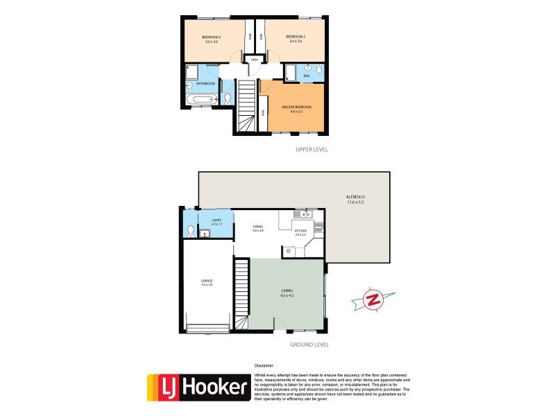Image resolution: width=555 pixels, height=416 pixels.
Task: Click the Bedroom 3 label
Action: [x=212, y=39]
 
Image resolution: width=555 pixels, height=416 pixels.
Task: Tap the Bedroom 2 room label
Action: [x=295, y=39]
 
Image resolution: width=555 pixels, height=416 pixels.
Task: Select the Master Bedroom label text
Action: [x=296, y=109]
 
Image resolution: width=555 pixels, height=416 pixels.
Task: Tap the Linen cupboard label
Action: [x=255, y=60]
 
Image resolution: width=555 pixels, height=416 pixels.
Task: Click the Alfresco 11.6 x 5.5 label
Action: [x=356, y=200]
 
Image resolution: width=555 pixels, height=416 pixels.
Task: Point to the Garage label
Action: [x=207, y=282]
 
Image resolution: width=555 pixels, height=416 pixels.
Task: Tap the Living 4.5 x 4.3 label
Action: [x=287, y=293]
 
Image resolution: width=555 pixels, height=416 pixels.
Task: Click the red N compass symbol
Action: [x=373, y=300]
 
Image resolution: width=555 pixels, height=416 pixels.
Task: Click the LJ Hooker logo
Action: [x=198, y=389]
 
